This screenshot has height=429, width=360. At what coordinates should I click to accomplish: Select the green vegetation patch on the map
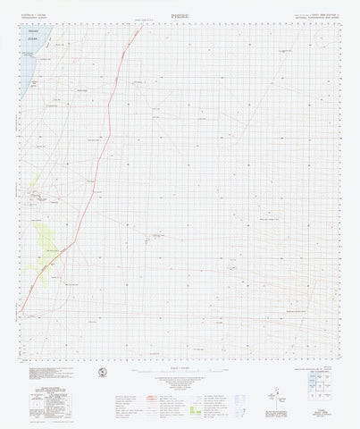(46, 236)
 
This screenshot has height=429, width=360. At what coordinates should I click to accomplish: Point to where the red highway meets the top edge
(142, 25)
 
